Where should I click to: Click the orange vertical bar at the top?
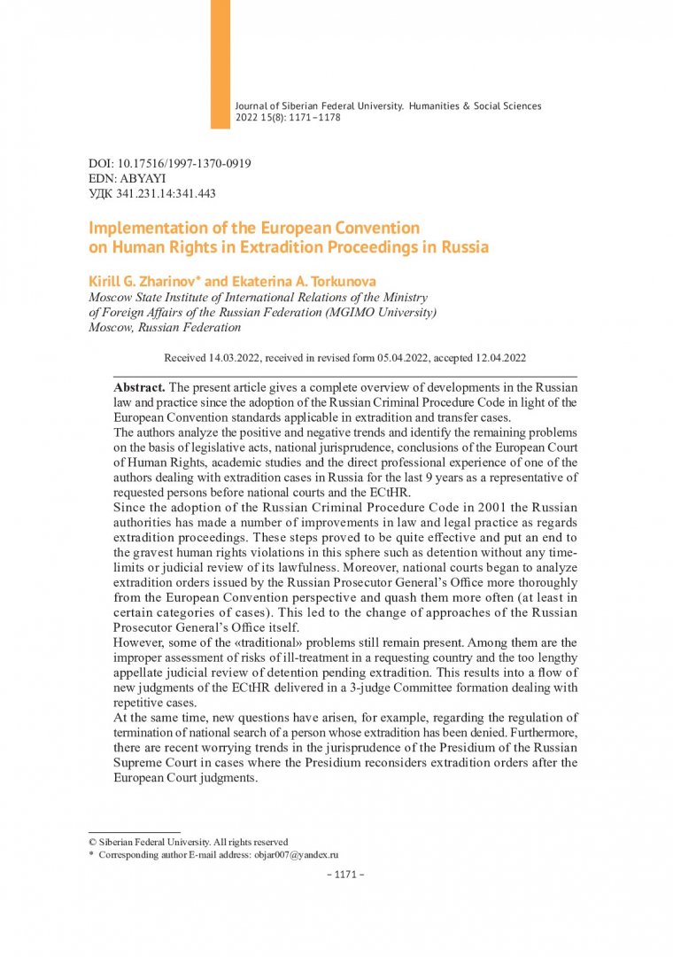coord(220,64)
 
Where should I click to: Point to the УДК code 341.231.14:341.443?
coord(168,193)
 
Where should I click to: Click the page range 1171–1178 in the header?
coord(309,117)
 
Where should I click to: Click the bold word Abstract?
coord(139,388)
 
